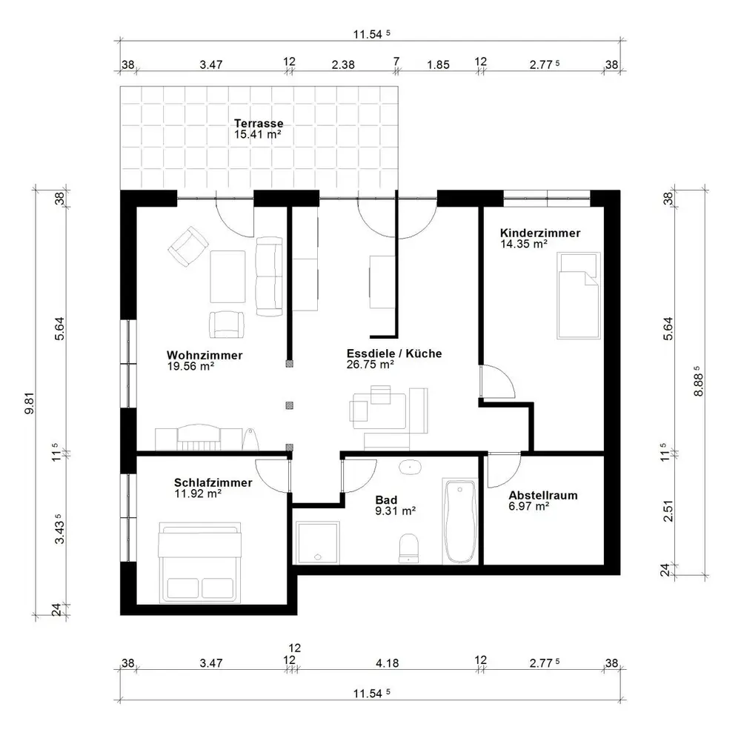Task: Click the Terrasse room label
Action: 259,123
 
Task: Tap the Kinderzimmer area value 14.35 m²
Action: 524,245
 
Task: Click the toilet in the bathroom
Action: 408,548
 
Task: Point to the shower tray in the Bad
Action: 318,543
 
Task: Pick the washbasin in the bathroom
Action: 411,468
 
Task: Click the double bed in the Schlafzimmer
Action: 200,562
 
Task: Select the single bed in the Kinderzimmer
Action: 579,296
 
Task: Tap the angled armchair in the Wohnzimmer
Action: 188,246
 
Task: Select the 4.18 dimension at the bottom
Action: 387,663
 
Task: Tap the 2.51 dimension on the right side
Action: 668,511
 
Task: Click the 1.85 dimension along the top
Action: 438,64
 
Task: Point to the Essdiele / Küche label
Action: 394,353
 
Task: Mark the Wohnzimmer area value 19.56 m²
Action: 190,366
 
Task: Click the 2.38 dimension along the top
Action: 342,64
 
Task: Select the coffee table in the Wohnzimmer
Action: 227,276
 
